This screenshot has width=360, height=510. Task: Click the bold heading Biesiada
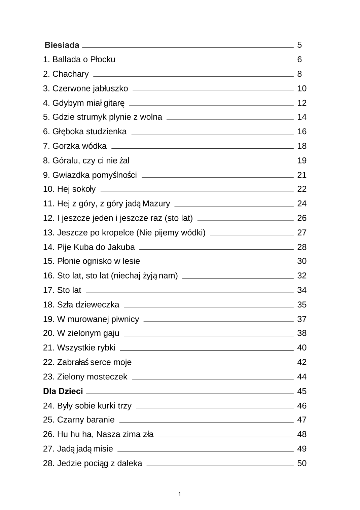point(62,45)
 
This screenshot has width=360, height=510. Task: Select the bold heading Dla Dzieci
point(63,391)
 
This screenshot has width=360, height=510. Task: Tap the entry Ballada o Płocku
point(79,60)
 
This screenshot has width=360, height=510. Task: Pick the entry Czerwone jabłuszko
point(85,88)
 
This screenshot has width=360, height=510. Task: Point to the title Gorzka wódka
point(75,146)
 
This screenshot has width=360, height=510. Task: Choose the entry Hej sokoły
point(69,189)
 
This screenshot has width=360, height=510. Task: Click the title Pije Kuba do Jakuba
point(89,247)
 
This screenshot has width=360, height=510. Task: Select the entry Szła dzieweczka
point(81,305)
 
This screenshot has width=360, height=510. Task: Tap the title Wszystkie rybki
point(79,348)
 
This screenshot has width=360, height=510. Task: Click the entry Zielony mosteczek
point(85,377)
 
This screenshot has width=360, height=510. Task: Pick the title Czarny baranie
point(79,420)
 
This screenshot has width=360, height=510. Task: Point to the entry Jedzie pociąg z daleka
point(93,464)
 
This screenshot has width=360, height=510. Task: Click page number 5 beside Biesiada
point(299,45)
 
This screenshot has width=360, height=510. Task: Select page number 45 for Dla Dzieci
point(302,391)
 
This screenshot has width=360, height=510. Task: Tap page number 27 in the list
point(302,233)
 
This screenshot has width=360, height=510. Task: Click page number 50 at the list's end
point(302,464)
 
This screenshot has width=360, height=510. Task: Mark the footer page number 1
point(180,494)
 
